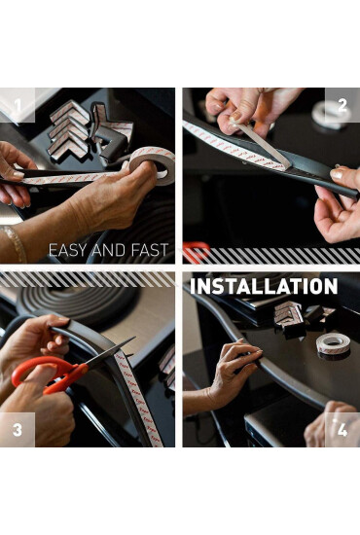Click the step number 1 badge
tap(18, 105)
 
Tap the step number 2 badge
tap(342, 105)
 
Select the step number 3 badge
tap(18, 430)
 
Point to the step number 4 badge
tap(342, 430)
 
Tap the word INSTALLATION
tap(264, 286)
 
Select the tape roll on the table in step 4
tap(333, 345)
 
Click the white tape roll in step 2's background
tap(329, 115)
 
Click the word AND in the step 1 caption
tap(110, 250)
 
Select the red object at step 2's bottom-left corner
tap(196, 252)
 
